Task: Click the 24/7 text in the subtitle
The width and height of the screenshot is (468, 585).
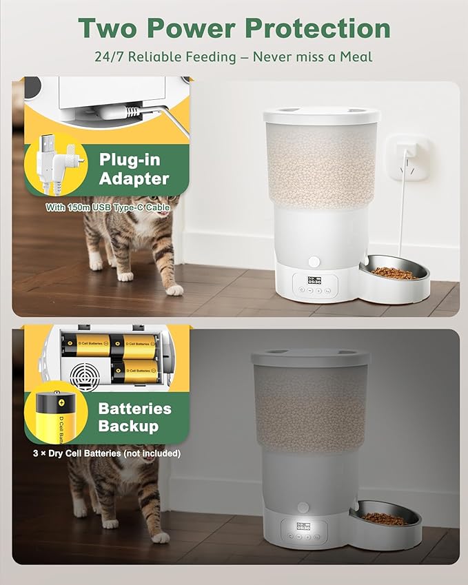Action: [110, 56]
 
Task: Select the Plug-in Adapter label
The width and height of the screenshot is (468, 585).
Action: [134, 170]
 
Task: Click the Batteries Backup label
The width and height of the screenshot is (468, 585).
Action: [134, 417]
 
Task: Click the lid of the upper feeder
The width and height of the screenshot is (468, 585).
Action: [321, 115]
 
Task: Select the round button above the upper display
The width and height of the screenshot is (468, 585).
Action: [315, 262]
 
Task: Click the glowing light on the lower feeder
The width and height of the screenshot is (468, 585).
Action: [303, 508]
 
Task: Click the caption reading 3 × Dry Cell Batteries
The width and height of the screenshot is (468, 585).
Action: [106, 453]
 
